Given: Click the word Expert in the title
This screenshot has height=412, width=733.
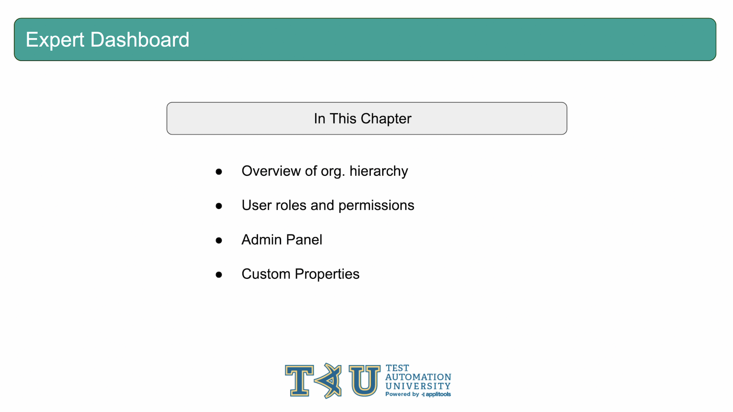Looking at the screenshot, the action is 55,40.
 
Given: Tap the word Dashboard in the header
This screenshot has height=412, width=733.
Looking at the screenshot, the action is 140,40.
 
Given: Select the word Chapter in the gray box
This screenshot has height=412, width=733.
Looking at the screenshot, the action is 386,119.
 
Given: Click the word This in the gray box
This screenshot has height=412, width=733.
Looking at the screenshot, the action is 343,118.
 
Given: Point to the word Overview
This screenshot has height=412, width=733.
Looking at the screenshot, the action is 271,171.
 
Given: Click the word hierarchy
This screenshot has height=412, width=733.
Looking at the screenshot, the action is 378,172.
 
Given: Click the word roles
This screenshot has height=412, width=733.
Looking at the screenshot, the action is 291,206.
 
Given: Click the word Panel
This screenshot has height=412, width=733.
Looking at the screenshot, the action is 304,240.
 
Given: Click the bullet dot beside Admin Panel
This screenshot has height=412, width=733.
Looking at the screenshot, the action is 219,240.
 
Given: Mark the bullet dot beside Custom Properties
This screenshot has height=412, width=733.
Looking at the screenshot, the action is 219,275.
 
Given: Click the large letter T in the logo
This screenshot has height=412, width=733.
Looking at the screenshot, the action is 300,381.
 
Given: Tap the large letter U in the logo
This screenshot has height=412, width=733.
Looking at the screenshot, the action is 364,381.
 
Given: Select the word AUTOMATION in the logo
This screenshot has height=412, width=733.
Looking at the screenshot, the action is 418,377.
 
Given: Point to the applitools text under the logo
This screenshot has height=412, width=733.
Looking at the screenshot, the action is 438,395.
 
